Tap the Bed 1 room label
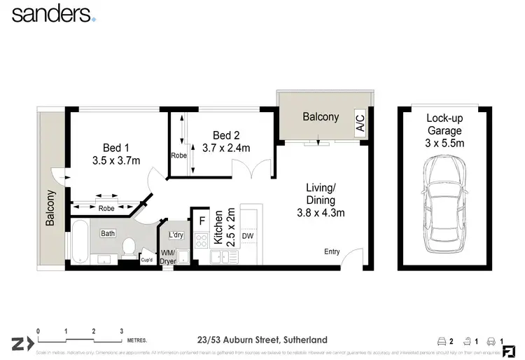(116, 148)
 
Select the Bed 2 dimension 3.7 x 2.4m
(226, 148)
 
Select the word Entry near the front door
(331, 252)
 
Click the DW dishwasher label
(246, 237)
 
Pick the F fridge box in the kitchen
(201, 220)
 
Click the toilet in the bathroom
(128, 247)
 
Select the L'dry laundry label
(175, 235)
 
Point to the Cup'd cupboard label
(147, 259)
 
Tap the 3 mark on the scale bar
(121, 331)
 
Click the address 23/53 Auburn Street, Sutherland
(262, 340)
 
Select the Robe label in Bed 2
(178, 155)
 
